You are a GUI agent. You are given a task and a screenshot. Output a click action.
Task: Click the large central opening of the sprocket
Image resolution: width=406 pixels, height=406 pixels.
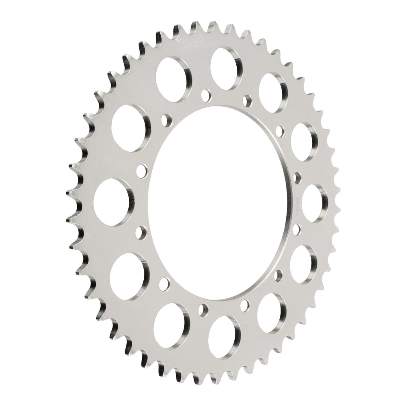coord(219,203)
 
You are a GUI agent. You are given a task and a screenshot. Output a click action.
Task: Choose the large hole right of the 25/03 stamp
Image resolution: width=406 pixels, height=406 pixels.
coord(315,203)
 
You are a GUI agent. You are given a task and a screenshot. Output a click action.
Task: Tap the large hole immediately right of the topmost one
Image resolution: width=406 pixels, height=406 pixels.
coord(272,89)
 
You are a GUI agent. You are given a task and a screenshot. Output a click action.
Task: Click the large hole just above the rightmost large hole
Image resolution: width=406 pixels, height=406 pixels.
coord(306,140)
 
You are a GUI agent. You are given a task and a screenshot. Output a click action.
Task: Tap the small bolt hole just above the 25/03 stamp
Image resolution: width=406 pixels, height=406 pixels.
coord(297,177)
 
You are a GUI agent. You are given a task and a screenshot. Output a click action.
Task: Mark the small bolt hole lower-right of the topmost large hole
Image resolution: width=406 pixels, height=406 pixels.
coord(246,99)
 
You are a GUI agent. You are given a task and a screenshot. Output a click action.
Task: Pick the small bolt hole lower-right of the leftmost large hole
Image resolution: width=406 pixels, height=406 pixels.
coord(143,232)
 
